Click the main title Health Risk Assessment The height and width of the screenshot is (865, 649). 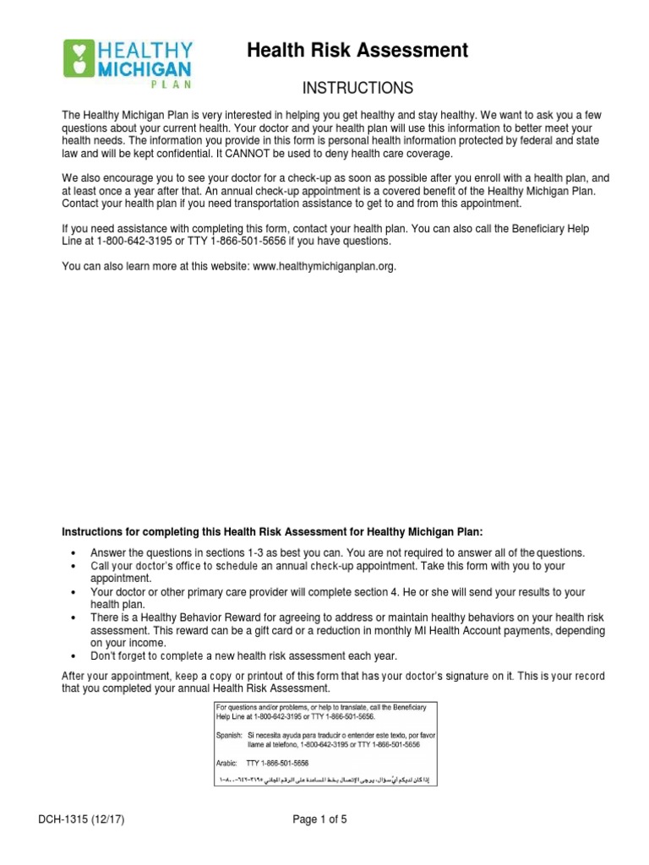(357, 51)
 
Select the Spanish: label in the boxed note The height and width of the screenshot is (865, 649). (229, 737)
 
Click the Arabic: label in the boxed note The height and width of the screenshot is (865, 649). (227, 761)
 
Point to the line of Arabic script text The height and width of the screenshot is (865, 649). (324, 776)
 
